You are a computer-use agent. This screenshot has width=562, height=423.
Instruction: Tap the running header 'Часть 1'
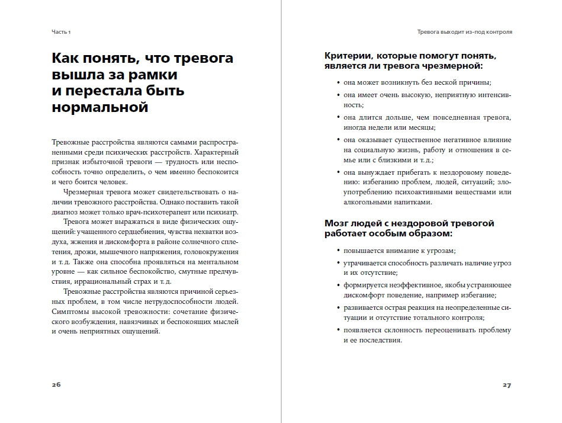(60, 32)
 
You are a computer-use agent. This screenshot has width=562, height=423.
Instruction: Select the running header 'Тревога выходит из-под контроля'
(465, 32)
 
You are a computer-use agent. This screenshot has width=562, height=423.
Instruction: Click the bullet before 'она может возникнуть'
(337, 83)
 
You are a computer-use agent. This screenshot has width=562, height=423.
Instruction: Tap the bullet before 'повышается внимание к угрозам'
(337, 251)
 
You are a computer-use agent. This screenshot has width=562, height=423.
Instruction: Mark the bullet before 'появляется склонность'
(337, 331)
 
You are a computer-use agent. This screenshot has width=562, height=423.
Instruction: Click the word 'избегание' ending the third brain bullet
(477, 295)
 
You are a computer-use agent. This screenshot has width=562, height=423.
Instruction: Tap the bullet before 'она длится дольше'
(337, 118)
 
